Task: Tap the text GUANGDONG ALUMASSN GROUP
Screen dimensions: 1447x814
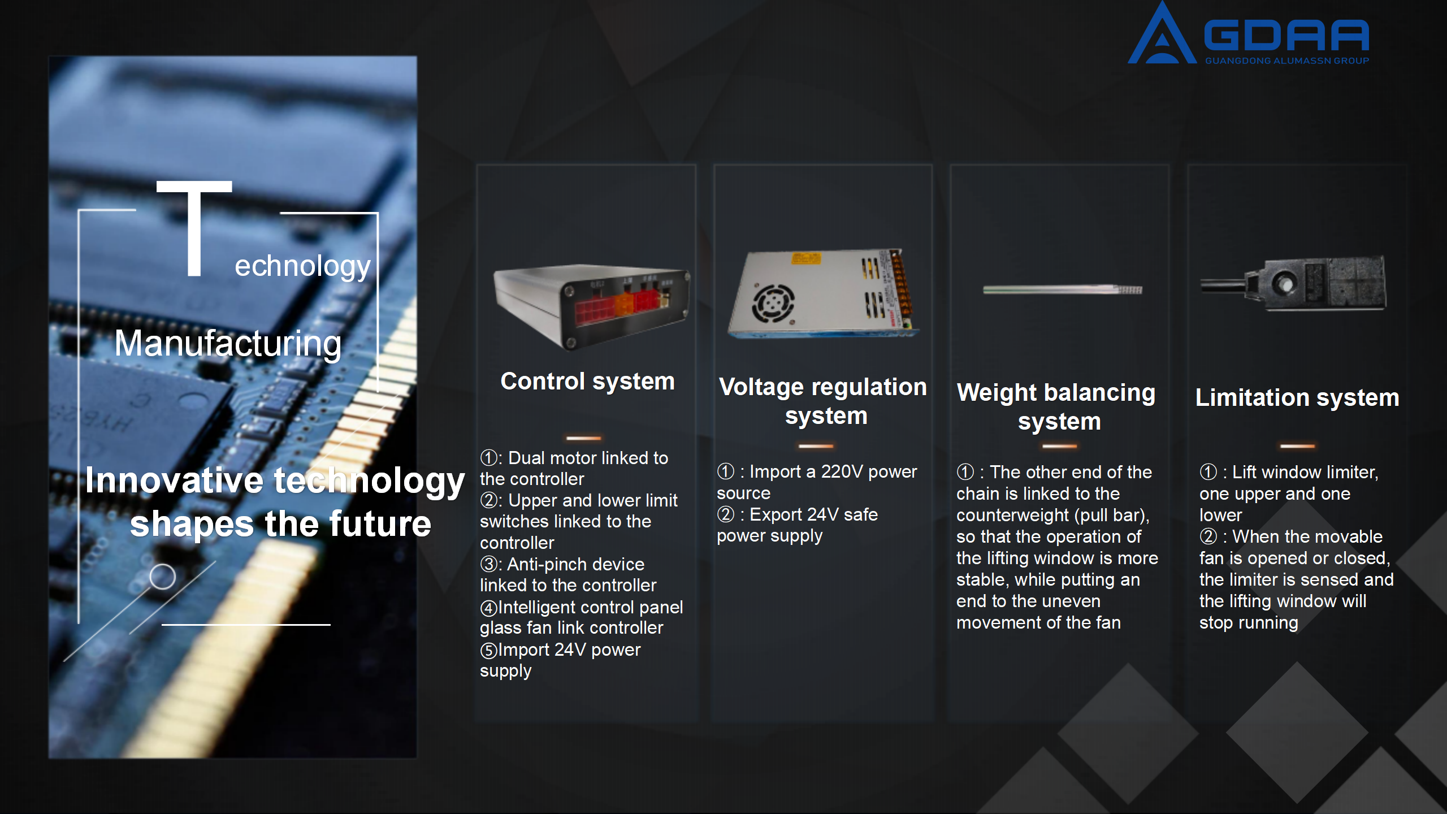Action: (1287, 60)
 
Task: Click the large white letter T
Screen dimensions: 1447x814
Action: (194, 228)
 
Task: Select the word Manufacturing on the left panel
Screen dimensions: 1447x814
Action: (228, 343)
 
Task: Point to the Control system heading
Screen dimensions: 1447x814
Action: (588, 381)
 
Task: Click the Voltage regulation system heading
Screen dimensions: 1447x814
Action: (824, 401)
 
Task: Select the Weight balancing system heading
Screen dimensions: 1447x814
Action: (1056, 406)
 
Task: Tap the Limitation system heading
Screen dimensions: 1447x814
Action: (1297, 397)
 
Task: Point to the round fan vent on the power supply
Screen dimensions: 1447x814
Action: (773, 303)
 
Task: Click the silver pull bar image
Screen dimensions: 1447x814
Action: (1063, 290)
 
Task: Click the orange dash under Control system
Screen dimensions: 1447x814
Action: (584, 438)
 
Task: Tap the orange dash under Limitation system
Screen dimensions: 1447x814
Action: (1298, 446)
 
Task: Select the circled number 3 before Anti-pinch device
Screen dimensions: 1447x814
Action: (489, 564)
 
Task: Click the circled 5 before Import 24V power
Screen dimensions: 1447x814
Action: (489, 650)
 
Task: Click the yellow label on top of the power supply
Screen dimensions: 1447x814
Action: (806, 259)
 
